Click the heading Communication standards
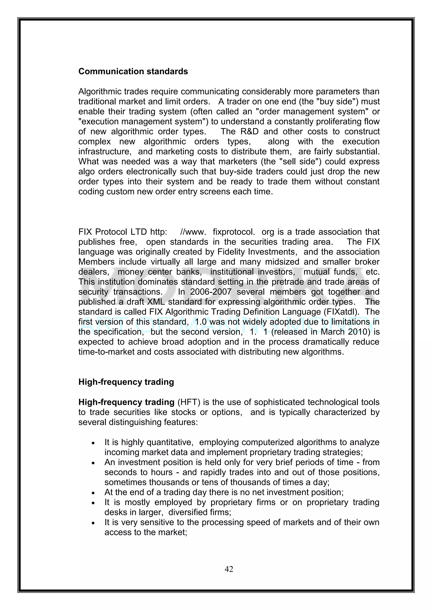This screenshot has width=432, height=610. tap(133, 71)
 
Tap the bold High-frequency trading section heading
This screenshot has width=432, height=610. tap(126, 382)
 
